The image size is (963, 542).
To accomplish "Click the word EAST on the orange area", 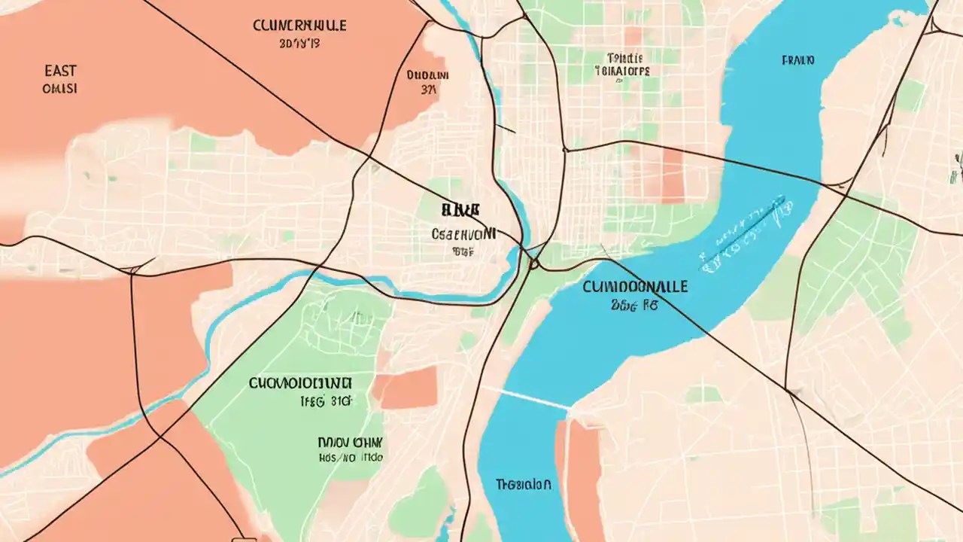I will pos(60,71).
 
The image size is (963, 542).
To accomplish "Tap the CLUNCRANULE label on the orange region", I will pos(299,26).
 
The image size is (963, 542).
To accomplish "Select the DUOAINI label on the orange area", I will pos(427,75).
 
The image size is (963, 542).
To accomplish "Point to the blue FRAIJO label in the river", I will pos(798,59).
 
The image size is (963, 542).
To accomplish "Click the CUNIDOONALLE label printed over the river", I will pos(634,288).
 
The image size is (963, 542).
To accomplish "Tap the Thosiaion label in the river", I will pos(524,484).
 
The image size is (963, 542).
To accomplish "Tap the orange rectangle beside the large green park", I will pos(406,388).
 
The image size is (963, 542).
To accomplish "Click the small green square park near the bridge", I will pos(703,394).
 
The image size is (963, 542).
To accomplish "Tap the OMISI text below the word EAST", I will pos(60,89).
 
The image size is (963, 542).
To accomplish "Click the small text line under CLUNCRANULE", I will pos(299,44).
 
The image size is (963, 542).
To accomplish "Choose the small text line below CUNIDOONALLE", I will pos(634,306).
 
